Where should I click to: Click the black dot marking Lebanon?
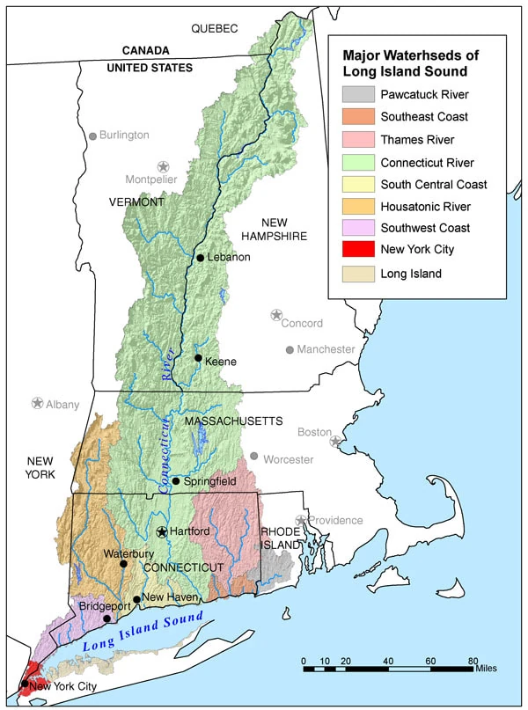tap(201, 257)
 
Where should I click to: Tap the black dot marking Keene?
tap(199, 358)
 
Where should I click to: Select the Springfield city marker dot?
tap(176, 481)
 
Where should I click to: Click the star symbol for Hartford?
tap(162, 531)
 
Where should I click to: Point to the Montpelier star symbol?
tap(163, 166)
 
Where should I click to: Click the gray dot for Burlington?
tap(92, 136)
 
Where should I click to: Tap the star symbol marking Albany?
tap(37, 403)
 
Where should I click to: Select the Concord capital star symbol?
tap(276, 314)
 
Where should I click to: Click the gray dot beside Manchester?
tap(290, 349)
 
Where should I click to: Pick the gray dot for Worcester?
tap(254, 456)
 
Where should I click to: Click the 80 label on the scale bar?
tap(473, 660)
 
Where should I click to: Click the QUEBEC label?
tap(215, 29)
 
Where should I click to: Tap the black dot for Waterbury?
tap(123, 563)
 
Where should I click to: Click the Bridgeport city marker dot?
tap(107, 619)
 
